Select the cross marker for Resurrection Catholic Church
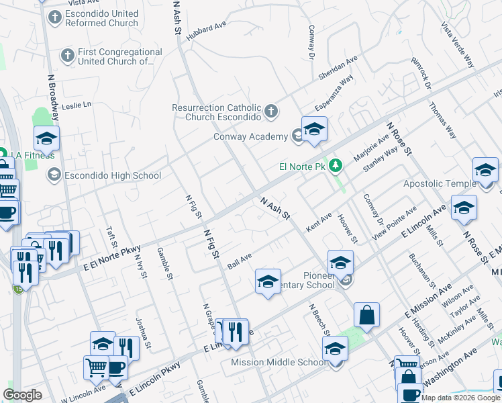click(x=270, y=111)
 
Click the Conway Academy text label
click(x=254, y=136)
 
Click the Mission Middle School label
click(x=279, y=363)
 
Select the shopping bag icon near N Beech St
click(x=366, y=314)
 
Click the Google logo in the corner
click(x=22, y=395)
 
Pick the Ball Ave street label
click(x=240, y=261)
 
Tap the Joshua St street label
click(x=144, y=329)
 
